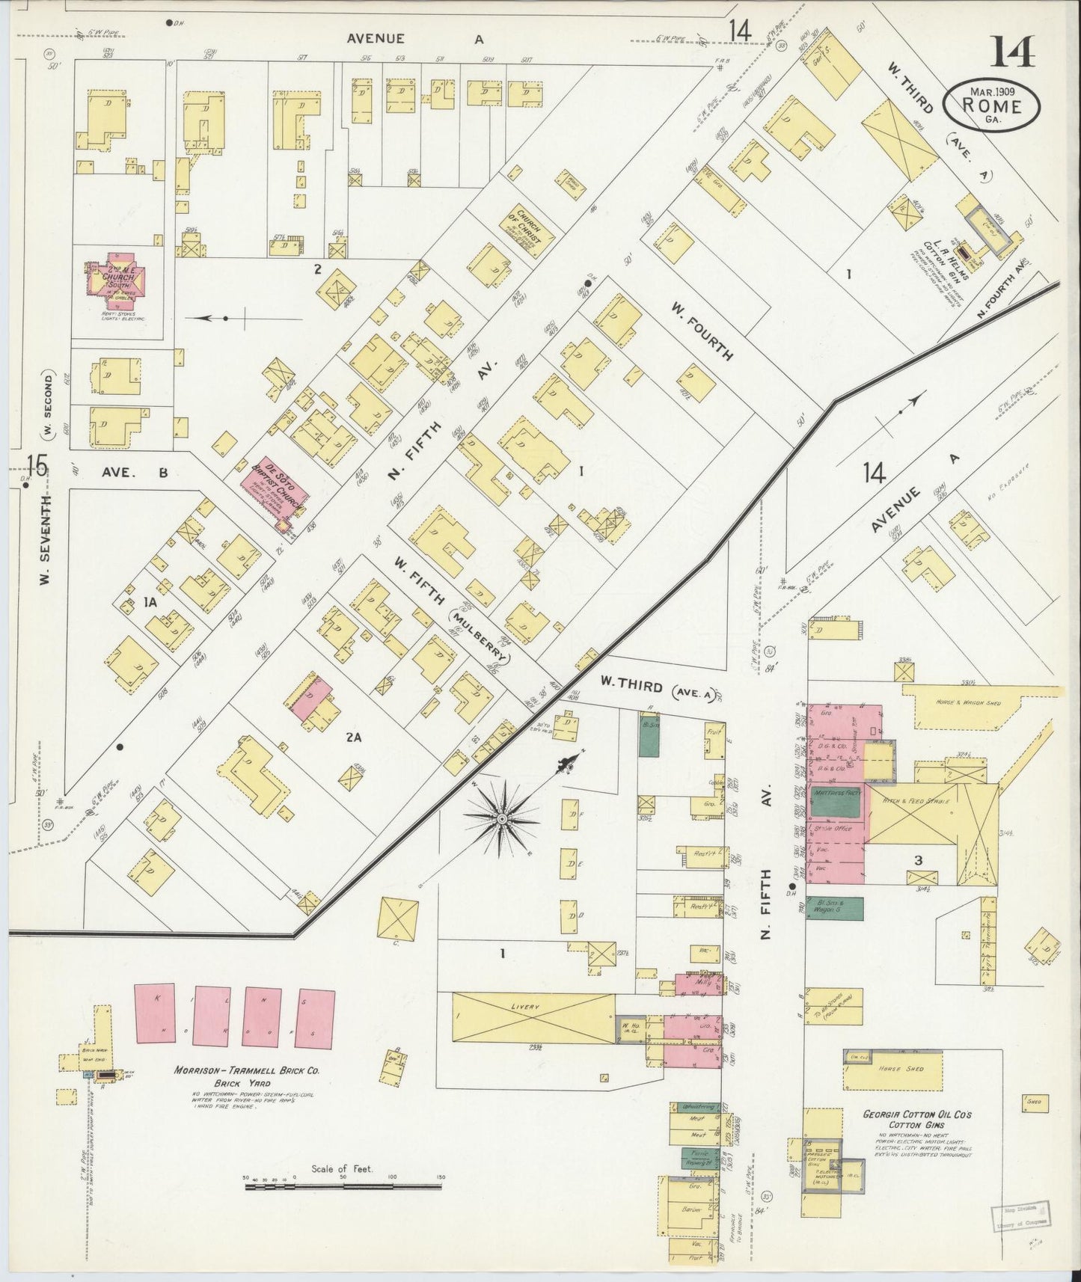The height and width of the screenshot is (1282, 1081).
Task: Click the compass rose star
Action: tap(500, 820)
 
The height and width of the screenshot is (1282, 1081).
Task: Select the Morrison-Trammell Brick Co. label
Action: tap(247, 1071)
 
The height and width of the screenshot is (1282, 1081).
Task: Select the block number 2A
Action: tap(354, 737)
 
